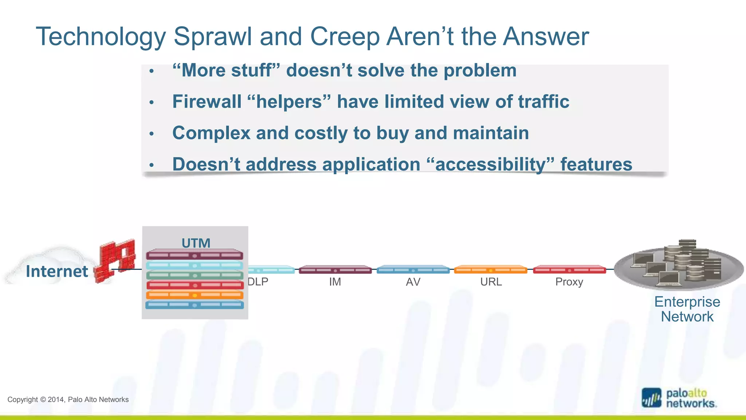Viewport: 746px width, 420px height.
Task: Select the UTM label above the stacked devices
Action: [196, 243]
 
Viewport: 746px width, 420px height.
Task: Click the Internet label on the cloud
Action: [57, 271]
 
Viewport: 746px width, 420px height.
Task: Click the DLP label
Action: [258, 282]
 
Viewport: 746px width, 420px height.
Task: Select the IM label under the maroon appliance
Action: [335, 282]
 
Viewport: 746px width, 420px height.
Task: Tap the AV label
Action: [413, 282]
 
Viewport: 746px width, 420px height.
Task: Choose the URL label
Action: [491, 282]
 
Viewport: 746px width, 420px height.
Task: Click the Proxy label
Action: [569, 282]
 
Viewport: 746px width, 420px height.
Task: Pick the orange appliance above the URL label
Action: [491, 270]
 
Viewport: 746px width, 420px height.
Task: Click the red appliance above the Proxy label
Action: [569, 270]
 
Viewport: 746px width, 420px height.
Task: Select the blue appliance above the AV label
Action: [413, 270]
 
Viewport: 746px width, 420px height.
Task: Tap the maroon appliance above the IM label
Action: [335, 270]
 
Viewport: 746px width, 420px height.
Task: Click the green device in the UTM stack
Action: [195, 275]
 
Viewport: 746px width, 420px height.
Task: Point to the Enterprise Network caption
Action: [687, 309]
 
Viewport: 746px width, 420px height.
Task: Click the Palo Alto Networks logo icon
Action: [651, 398]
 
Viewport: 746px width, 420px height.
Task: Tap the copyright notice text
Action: [68, 400]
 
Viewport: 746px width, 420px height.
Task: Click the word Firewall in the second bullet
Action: [207, 102]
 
